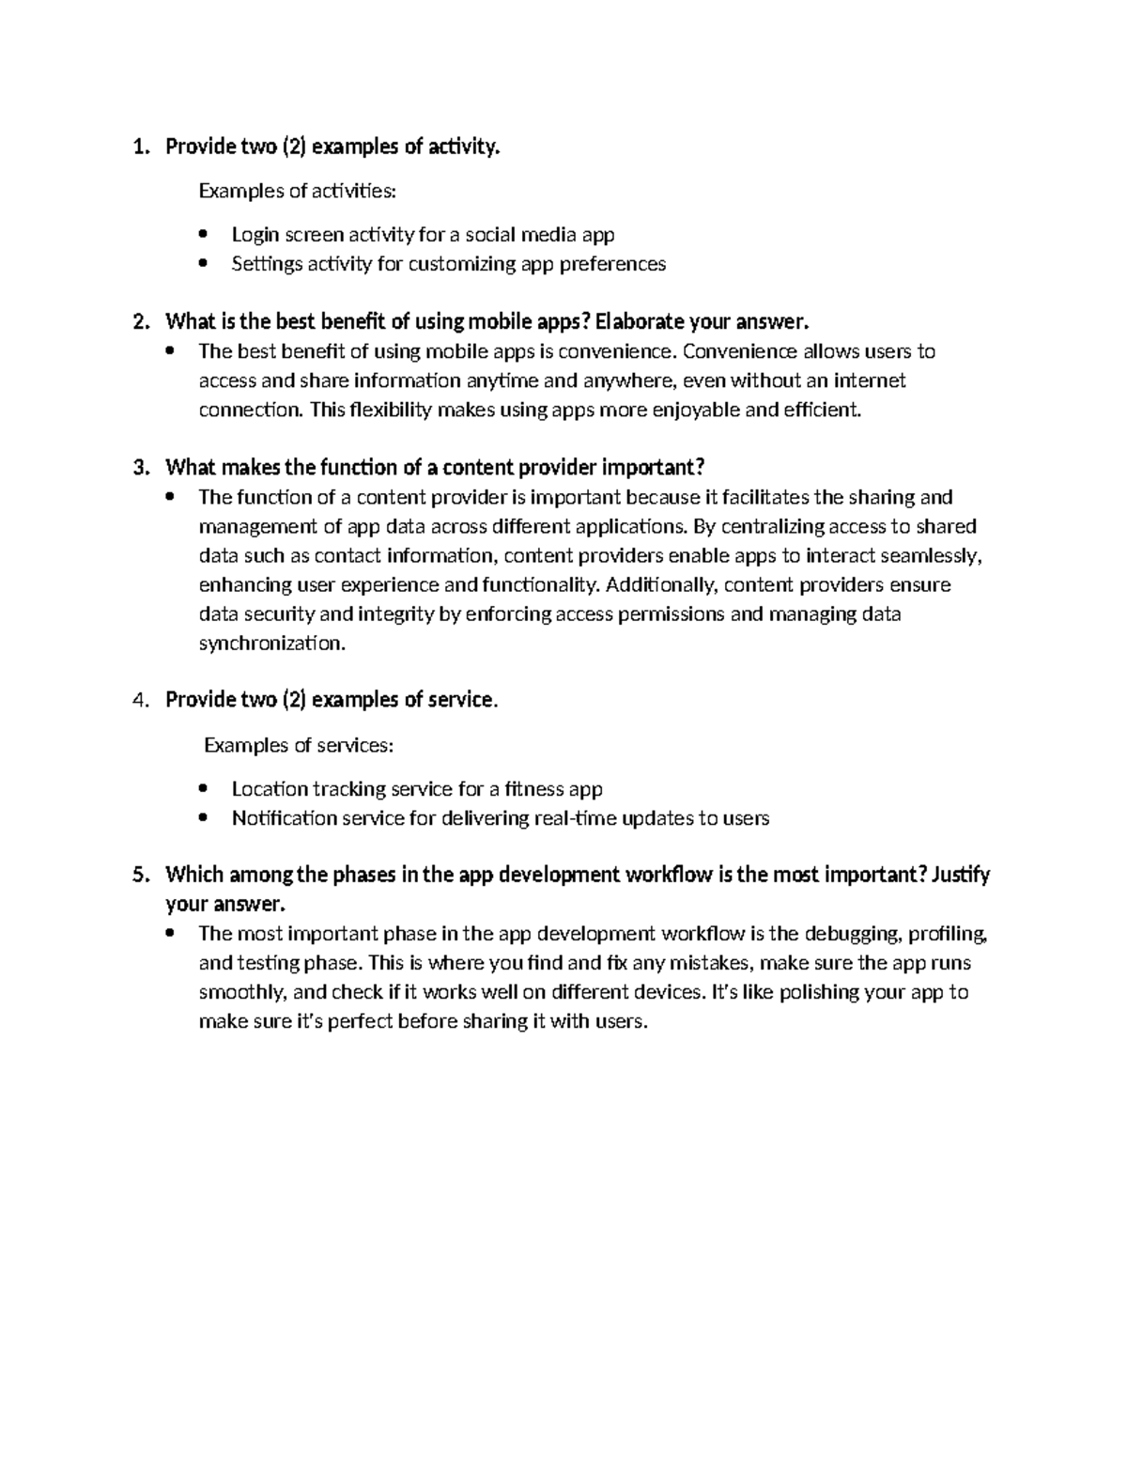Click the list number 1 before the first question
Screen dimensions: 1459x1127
[x=139, y=147]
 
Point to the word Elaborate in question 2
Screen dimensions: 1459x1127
[x=639, y=322]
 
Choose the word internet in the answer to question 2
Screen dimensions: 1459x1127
[x=870, y=380]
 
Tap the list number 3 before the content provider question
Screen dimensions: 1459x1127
[x=139, y=468]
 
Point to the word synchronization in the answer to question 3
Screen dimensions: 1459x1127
[x=270, y=644]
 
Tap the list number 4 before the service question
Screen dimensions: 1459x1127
[x=139, y=700]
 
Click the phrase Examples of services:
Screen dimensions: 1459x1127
[x=299, y=745]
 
